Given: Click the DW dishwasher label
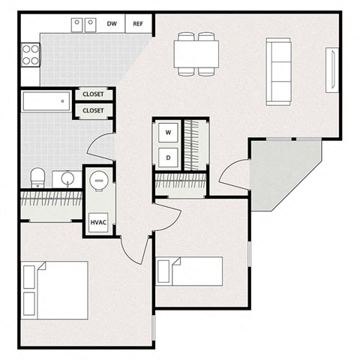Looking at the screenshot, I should click(111, 23).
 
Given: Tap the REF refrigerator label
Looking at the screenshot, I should click(138, 23).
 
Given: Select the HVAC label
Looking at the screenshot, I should click(98, 223).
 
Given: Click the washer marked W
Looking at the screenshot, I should click(168, 133).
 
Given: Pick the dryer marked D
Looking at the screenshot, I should click(168, 157).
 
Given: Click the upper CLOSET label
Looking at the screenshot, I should click(93, 94).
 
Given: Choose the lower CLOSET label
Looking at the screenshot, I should click(93, 110).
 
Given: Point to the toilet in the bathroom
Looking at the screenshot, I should click(38, 178).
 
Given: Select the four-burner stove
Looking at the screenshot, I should click(31, 53).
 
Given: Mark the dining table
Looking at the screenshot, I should click(196, 53).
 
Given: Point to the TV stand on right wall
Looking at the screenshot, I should click(332, 70).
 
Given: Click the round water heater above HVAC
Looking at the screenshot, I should click(99, 182).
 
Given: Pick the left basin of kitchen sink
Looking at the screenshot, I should click(79, 25).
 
